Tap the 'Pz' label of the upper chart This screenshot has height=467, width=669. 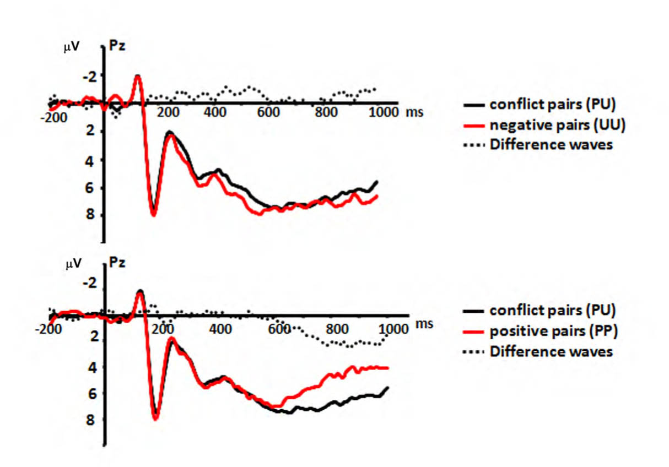coord(117,46)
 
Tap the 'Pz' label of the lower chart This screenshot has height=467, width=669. coord(117,263)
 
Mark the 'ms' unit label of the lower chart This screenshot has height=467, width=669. coord(425,324)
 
